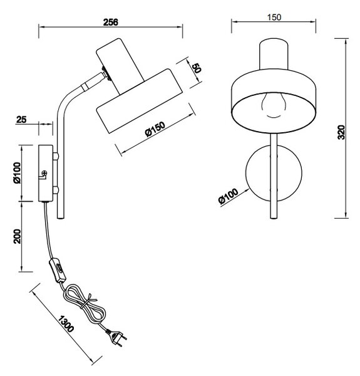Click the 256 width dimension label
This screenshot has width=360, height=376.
(x=111, y=22)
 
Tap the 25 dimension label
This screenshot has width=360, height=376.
(x=21, y=120)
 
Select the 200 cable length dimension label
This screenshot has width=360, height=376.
(x=18, y=236)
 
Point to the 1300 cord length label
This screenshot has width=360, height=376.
(x=66, y=324)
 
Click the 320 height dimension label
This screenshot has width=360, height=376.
(x=341, y=132)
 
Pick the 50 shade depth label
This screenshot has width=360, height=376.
(x=197, y=68)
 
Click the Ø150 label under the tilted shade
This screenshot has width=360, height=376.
(x=155, y=129)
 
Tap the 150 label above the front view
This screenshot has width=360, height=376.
(x=274, y=18)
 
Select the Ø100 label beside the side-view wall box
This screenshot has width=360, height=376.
(x=18, y=173)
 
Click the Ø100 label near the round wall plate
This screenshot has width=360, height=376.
(x=229, y=196)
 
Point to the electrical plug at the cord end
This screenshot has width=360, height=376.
(x=116, y=337)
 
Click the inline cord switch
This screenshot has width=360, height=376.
(x=57, y=270)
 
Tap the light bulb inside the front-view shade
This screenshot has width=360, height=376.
(x=274, y=105)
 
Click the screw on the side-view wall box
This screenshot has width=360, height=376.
(x=44, y=173)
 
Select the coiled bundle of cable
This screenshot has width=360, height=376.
(x=84, y=304)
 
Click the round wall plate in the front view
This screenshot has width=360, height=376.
(x=274, y=173)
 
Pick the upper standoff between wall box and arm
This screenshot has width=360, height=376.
(x=56, y=156)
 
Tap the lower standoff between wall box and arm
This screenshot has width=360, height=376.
(x=56, y=190)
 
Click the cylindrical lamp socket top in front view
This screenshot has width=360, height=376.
(x=274, y=55)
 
